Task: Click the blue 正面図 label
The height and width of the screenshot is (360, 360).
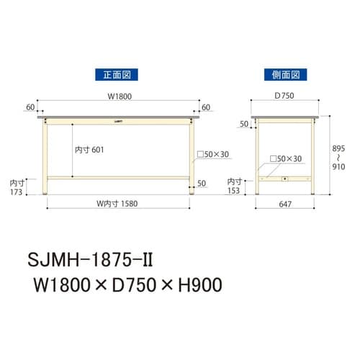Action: (116, 73)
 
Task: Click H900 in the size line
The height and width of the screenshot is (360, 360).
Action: (194, 284)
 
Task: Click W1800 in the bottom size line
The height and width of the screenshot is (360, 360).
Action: (58, 284)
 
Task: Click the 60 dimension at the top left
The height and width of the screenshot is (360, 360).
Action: (30, 107)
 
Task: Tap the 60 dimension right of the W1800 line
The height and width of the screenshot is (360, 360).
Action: (206, 107)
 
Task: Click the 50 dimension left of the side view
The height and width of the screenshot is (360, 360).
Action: (243, 125)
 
